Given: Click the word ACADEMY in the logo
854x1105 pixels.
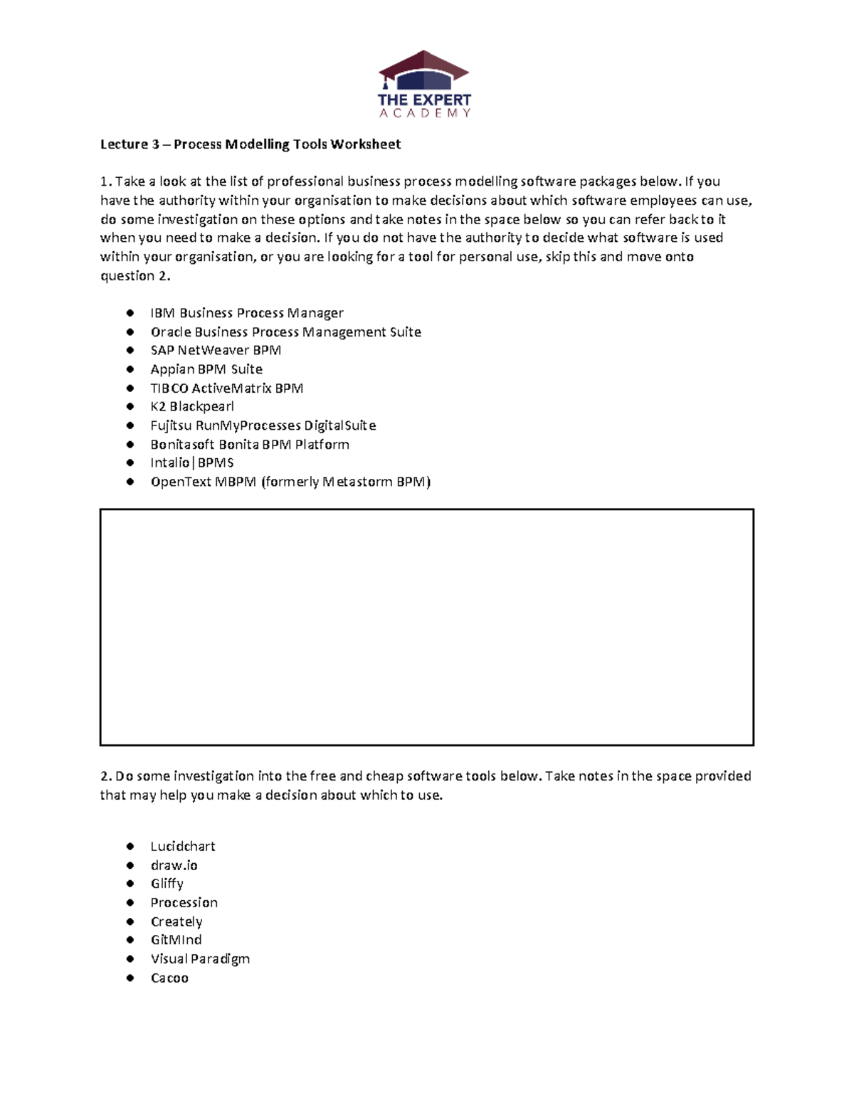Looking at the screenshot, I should (424, 113).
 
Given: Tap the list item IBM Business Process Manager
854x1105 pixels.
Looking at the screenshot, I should (246, 313).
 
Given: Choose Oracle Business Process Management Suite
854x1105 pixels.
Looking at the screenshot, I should (285, 332).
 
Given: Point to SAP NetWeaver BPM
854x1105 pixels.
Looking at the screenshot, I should (216, 350).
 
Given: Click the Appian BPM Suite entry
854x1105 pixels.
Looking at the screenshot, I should (206, 369).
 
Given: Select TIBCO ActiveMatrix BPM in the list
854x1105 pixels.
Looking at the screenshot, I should (226, 388).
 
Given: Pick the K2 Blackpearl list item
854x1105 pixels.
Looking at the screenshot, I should (191, 407).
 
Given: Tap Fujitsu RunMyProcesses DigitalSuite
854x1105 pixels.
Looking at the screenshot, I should (263, 425).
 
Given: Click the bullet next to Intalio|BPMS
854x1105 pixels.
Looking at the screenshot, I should (130, 462).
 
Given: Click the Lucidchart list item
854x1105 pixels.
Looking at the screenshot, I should (182, 847).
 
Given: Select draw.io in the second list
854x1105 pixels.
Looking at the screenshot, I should (174, 865).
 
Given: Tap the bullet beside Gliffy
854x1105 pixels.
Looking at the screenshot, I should (130, 884).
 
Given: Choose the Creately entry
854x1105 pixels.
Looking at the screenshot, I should (176, 921).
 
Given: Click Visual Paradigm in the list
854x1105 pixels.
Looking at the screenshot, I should (200, 959).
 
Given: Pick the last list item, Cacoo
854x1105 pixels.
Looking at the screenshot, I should (169, 978).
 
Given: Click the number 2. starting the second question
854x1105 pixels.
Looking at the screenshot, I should (106, 776).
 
